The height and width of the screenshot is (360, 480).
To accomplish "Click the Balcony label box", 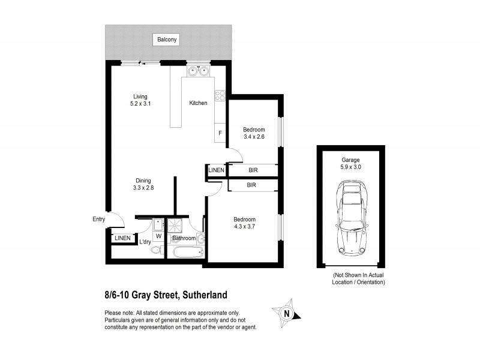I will pyautogui.click(x=167, y=40).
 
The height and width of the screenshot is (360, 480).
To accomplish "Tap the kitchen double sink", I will pyautogui.click(x=198, y=73).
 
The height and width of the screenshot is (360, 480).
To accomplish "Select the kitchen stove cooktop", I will pyautogui.click(x=220, y=94).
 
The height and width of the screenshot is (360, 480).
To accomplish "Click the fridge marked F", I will pyautogui.click(x=220, y=133).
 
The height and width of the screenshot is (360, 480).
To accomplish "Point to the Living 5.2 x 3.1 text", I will pyautogui.click(x=140, y=100).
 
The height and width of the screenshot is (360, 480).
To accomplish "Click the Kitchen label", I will pyautogui.click(x=198, y=103).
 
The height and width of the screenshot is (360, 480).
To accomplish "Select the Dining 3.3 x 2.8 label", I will pyautogui.click(x=143, y=184).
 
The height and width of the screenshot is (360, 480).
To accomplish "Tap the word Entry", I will pyautogui.click(x=98, y=219).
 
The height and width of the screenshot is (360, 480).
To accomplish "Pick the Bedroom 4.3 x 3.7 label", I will pyautogui.click(x=245, y=223).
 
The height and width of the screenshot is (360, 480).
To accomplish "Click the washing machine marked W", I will pyautogui.click(x=158, y=236).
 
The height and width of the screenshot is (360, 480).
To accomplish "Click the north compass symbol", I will pyautogui.click(x=288, y=313).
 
